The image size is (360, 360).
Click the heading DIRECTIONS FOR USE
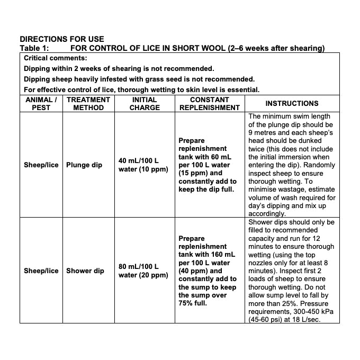[62, 39]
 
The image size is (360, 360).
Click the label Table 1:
[34, 48]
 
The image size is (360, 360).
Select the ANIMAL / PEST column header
[41, 103]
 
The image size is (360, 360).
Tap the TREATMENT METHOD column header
[88, 103]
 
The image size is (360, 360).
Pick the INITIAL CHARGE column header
[145, 103]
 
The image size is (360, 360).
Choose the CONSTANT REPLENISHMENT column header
[210, 103]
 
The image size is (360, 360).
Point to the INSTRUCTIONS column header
[292, 103]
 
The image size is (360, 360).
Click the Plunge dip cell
[84, 165]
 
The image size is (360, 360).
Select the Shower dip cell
[85, 271]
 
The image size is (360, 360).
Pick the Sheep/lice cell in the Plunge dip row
[41, 165]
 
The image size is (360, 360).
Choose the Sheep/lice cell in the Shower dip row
[41, 271]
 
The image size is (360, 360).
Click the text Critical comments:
[56, 58]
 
